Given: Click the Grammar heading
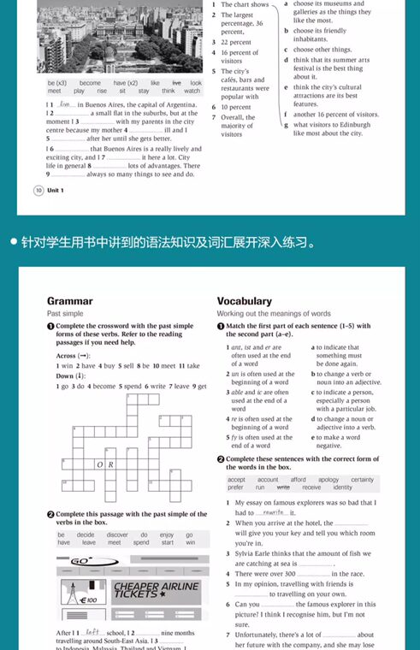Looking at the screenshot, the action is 69,301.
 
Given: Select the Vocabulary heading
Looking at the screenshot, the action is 245,301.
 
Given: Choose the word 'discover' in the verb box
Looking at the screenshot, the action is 116,535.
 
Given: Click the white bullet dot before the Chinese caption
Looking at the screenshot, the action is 15,242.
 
